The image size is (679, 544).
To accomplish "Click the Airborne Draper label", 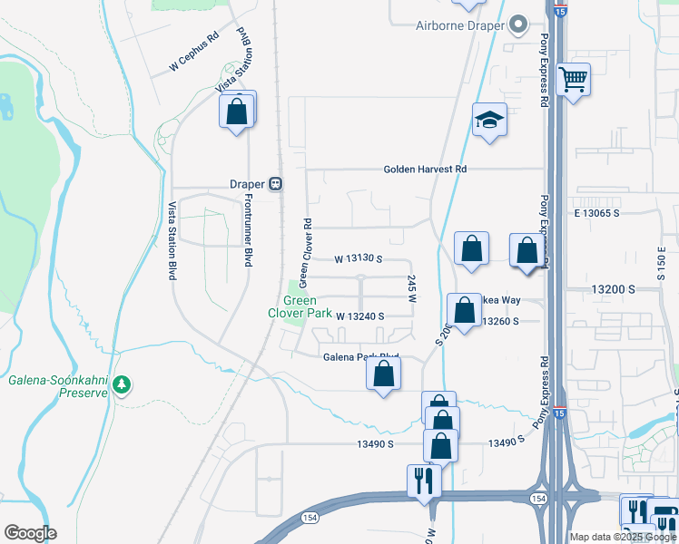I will (x=460, y=25).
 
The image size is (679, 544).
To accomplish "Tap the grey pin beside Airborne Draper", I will (x=519, y=24).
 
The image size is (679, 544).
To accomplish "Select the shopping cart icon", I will (x=574, y=80).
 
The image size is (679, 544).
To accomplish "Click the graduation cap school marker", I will (x=488, y=120).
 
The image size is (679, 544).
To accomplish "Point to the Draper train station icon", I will (x=275, y=183).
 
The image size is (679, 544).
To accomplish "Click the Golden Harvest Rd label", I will (x=425, y=169).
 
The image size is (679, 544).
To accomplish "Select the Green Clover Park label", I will (x=300, y=306).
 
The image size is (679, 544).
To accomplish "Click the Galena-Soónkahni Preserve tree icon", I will (x=123, y=385).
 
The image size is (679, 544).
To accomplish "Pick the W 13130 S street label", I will (x=359, y=258).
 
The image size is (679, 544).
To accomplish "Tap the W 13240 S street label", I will (x=360, y=316).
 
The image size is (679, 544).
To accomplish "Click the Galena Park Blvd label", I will (x=361, y=357).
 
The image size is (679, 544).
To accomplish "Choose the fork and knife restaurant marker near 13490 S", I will (x=423, y=481).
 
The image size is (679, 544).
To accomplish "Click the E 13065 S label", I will (x=595, y=212).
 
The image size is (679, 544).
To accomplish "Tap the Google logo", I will (x=30, y=533).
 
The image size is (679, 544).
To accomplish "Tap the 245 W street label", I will (x=412, y=289).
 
